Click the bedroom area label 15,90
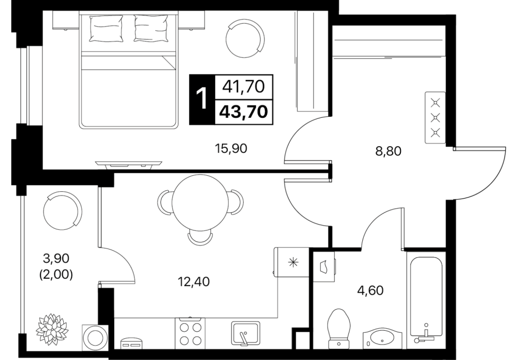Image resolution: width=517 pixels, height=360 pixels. pyautogui.click(x=231, y=149)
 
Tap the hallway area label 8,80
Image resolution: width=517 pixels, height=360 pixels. pyautogui.click(x=388, y=151)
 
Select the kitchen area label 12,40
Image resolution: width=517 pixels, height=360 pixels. pyautogui.click(x=194, y=282)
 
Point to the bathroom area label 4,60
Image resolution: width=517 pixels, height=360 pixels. pyautogui.click(x=371, y=291)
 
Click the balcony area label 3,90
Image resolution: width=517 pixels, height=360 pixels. pyautogui.click(x=56, y=259)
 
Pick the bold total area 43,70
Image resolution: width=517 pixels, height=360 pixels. pyautogui.click(x=243, y=112)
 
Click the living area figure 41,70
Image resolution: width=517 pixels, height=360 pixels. pyautogui.click(x=244, y=87)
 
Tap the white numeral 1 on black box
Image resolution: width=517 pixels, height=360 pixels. pyautogui.click(x=202, y=99)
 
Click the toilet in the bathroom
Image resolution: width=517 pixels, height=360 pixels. pyautogui.click(x=339, y=327)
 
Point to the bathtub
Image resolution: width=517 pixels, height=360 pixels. pyautogui.click(x=426, y=300)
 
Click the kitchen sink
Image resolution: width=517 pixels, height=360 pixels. pyautogui.click(x=245, y=333)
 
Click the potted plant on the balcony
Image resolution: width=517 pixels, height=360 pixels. pyautogui.click(x=52, y=328)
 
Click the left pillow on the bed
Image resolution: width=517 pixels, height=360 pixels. pyautogui.click(x=106, y=29)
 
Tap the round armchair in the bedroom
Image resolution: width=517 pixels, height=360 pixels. pyautogui.click(x=244, y=38)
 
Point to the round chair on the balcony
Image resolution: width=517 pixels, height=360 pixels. pyautogui.click(x=62, y=211)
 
